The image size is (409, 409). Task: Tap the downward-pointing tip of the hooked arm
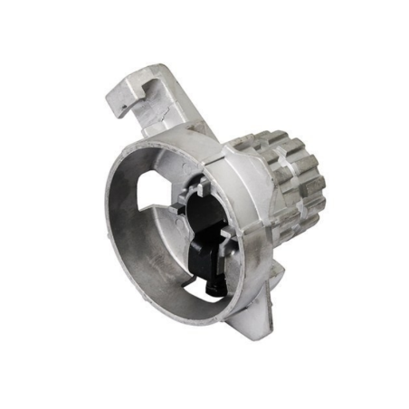113,109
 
